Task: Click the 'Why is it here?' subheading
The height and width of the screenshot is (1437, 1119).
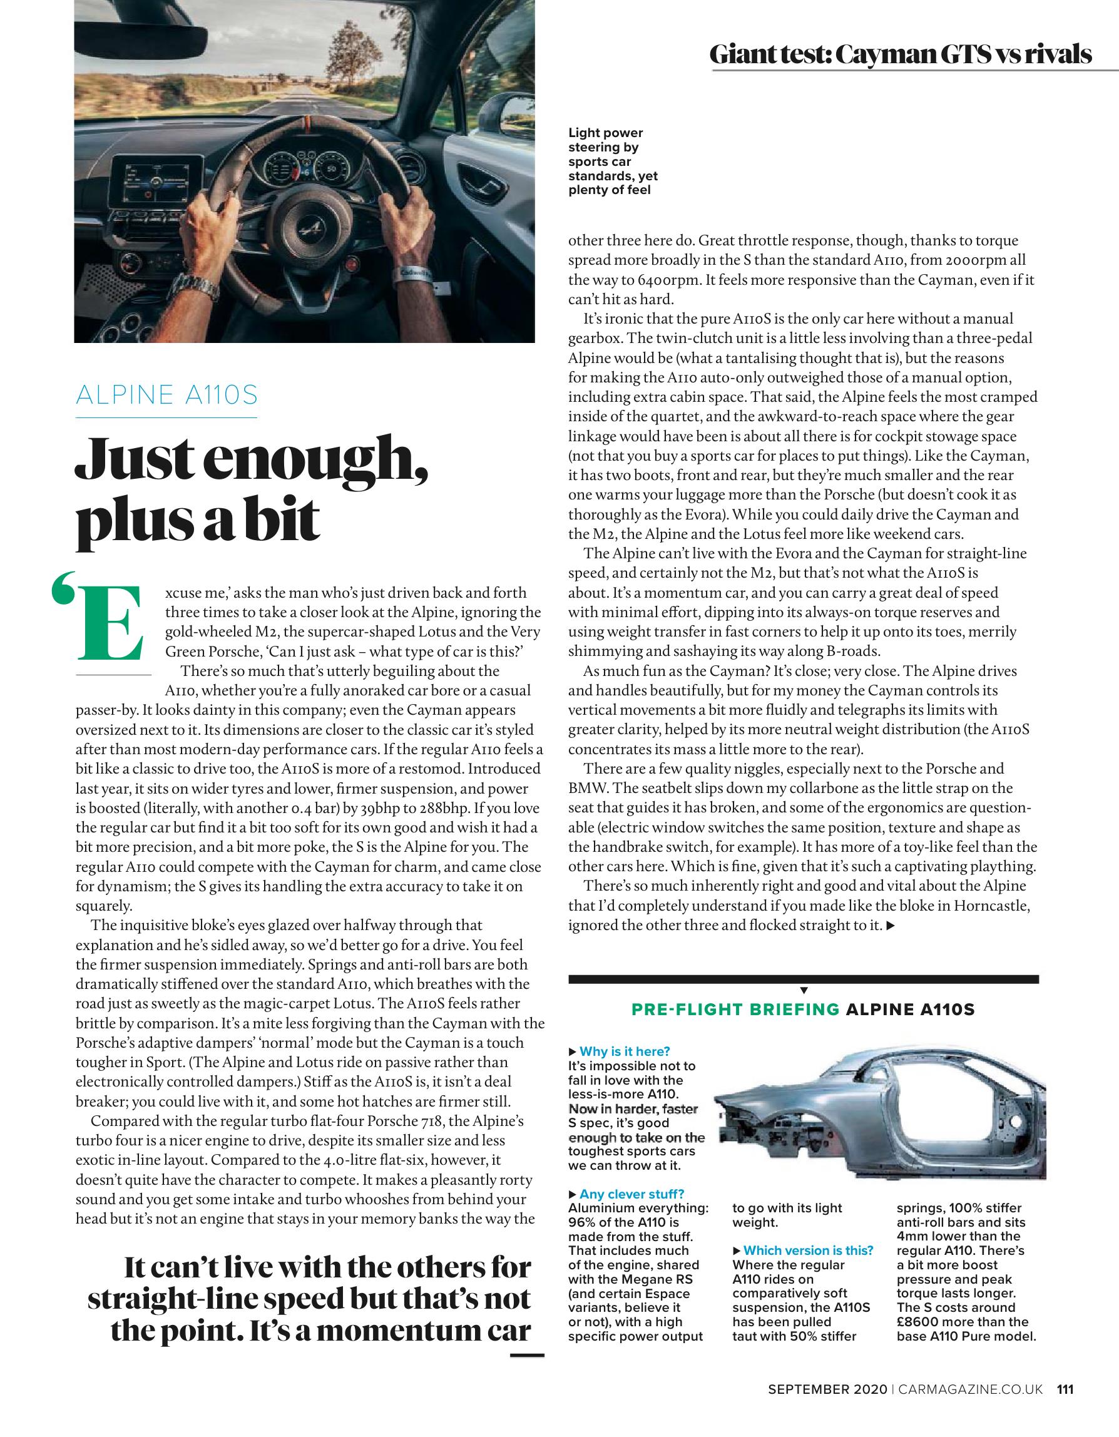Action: pyautogui.click(x=623, y=1051)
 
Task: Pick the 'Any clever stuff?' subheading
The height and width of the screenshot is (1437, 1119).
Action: pyautogui.click(x=631, y=1194)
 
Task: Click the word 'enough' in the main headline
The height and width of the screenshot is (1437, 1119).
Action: pyautogui.click(x=317, y=458)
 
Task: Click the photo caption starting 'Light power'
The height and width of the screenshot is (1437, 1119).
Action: pyautogui.click(x=613, y=161)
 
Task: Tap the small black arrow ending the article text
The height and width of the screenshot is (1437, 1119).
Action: pyautogui.click(x=891, y=926)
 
